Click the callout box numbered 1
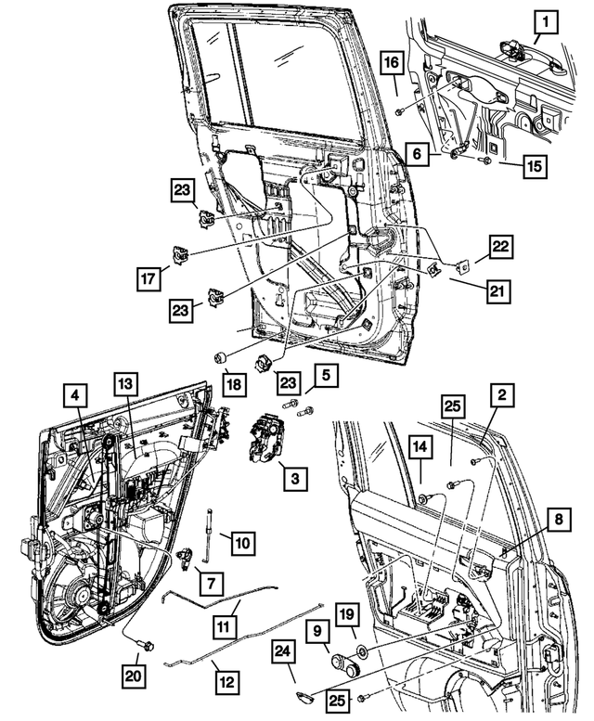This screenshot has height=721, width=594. [549, 20]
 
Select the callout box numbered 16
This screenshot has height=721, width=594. [392, 63]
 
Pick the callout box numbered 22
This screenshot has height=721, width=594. [500, 246]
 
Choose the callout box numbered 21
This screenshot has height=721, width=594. [498, 291]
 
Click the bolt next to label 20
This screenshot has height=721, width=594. [146, 642]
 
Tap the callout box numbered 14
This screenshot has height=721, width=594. [420, 448]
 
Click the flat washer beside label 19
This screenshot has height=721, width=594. [358, 648]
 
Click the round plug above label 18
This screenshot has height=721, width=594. [223, 358]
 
